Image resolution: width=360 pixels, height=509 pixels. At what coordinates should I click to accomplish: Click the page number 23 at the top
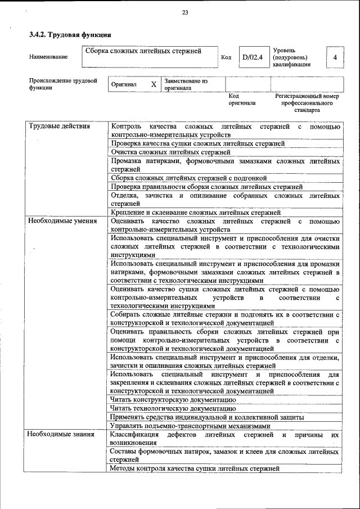(185, 13)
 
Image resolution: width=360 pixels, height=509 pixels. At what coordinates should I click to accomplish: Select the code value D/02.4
(252, 57)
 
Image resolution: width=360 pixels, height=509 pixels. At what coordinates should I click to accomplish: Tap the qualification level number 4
(335, 57)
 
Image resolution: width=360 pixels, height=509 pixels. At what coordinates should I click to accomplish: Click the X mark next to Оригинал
(154, 84)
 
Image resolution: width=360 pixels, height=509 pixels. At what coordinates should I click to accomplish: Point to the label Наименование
(48, 57)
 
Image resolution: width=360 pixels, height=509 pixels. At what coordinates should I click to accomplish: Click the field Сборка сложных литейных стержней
(143, 52)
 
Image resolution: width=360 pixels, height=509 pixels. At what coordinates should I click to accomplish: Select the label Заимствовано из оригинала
(186, 84)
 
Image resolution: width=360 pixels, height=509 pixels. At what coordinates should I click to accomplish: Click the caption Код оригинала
(241, 100)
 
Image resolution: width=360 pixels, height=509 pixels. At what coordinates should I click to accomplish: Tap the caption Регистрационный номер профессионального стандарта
(307, 103)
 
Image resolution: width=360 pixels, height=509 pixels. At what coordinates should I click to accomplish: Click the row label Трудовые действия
(59, 126)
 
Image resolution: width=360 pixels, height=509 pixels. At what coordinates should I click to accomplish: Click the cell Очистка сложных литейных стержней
(170, 152)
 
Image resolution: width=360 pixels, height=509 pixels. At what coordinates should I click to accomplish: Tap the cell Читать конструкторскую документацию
(173, 399)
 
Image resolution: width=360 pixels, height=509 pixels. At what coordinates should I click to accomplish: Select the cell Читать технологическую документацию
(173, 408)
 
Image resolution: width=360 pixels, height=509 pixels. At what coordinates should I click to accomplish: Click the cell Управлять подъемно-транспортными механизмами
(190, 426)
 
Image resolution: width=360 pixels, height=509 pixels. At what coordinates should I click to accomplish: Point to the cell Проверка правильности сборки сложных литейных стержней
(206, 187)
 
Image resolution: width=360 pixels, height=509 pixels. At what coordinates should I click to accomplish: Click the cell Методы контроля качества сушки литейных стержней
(195, 468)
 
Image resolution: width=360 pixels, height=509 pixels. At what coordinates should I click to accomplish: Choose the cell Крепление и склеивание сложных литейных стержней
(195, 213)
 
